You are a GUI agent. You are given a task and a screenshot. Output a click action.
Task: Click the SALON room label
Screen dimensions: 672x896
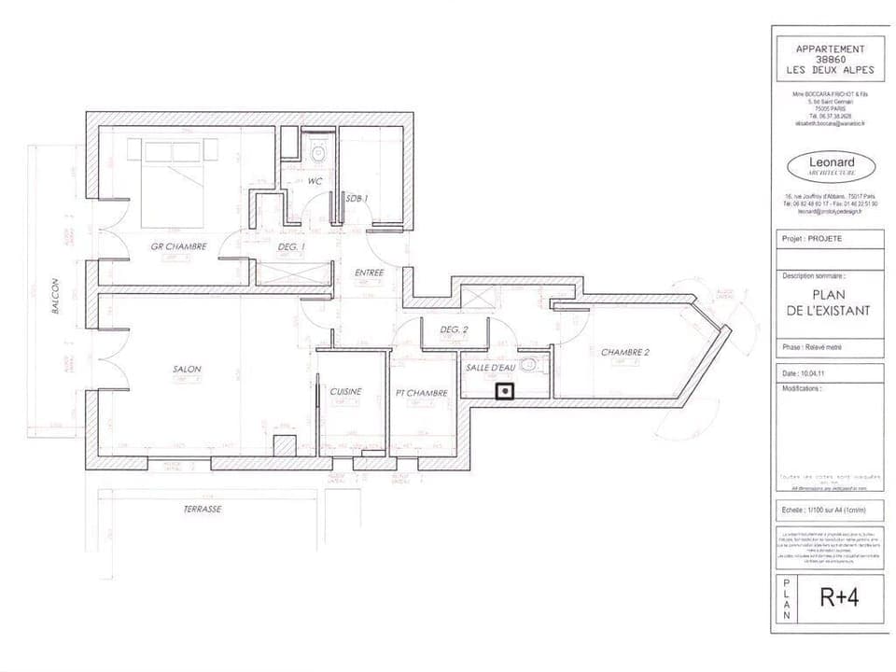[x=187, y=369]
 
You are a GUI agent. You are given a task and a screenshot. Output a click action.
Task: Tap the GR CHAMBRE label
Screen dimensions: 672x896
[x=178, y=246]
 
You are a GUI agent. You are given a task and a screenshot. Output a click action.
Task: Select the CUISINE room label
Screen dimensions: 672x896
[x=345, y=391]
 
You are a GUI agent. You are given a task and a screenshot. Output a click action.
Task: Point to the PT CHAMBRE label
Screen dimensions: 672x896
[x=422, y=393]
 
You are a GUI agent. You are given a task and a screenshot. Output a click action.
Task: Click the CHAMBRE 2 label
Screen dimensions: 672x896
[x=624, y=352]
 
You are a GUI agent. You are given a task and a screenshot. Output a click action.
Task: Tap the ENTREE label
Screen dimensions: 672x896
[x=371, y=273]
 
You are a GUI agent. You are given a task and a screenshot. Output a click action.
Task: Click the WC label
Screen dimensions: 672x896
[x=315, y=182]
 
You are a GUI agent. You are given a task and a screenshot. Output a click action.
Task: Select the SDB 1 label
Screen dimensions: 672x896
[x=357, y=198]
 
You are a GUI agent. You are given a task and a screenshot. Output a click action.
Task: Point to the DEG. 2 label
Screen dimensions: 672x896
[x=454, y=329]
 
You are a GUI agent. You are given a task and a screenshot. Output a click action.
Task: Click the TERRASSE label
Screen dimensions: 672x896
[x=203, y=510]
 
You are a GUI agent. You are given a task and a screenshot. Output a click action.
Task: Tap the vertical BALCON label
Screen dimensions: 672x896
[x=56, y=295]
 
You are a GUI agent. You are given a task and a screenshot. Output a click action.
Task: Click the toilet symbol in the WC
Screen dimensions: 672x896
[x=318, y=153]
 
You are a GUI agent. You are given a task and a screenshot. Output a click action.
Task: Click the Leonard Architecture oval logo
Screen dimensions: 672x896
[x=831, y=167]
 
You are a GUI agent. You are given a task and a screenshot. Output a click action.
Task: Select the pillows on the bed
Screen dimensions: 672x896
[x=172, y=151]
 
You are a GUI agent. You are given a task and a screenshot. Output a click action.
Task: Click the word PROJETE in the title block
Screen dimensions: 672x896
[x=825, y=238]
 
